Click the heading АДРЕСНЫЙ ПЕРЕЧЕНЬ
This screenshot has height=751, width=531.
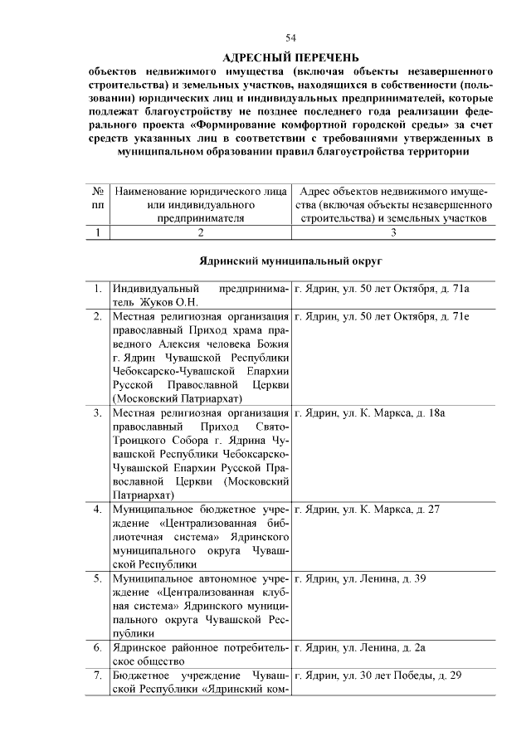point(290,56)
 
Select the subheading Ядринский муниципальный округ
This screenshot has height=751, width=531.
point(290,261)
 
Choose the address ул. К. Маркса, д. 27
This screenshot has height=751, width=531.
point(378,509)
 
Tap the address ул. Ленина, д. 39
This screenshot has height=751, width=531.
point(373,578)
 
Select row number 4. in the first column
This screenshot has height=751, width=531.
point(98,509)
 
